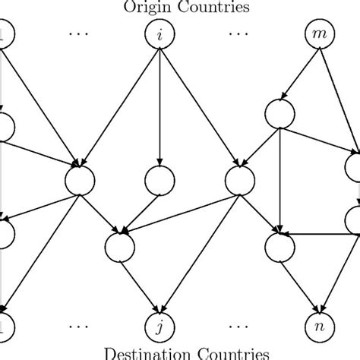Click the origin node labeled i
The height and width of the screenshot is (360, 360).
(x=159, y=34)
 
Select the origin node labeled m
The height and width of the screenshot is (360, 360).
(x=315, y=34)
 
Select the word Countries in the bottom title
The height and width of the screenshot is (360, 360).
(x=228, y=353)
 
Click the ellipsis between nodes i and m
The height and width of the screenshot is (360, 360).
(x=238, y=35)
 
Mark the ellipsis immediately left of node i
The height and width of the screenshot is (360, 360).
(x=80, y=35)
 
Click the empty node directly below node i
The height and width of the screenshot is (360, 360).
(x=159, y=181)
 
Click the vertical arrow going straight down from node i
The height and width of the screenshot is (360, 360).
(x=159, y=106)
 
